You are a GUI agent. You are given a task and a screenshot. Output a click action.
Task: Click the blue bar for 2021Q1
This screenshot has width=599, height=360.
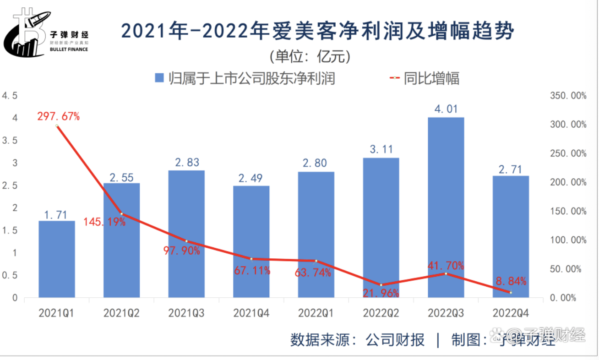[57, 259]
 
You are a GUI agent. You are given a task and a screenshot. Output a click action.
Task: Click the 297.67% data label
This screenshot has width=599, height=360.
[59, 117]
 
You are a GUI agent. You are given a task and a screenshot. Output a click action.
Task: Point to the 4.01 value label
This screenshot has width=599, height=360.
[446, 109]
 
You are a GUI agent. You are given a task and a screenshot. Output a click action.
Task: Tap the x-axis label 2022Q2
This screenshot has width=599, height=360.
[381, 314]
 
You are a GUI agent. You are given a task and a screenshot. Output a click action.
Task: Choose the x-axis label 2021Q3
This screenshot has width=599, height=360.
[186, 314]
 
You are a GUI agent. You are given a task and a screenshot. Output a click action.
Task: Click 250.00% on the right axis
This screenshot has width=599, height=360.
[568, 153]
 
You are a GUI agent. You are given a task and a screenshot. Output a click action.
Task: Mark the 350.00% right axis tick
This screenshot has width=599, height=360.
[568, 96]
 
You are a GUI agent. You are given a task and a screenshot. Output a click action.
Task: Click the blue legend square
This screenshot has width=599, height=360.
[159, 78]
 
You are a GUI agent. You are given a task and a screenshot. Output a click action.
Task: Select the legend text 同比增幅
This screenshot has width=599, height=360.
[431, 78]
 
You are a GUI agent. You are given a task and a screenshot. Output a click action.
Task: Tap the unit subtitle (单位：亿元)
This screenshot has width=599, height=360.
[310, 56]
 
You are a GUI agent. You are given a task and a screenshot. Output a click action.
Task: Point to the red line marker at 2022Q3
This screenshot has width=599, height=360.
[446, 273]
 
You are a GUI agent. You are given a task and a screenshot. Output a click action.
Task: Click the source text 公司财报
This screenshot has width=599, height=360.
[395, 340]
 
